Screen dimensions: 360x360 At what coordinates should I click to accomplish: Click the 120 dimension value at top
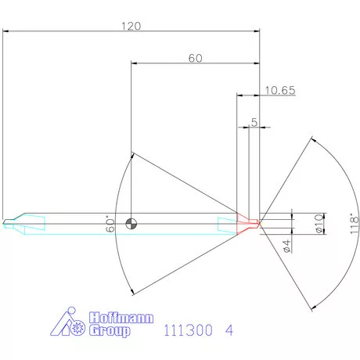coord(131,26)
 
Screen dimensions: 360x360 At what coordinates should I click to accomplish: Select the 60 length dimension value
coord(195,59)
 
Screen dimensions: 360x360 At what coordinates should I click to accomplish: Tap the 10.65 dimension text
coord(279,90)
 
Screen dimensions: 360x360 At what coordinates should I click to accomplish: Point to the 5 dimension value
coord(254,122)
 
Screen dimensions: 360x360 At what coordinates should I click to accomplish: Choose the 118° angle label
coord(354,224)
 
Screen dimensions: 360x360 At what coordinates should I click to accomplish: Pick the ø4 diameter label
coord(287,247)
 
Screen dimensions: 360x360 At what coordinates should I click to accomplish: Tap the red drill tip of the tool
coord(249,224)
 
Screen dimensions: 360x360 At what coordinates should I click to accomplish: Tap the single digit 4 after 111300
coord(228,330)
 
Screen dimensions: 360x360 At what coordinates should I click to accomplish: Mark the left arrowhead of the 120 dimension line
coord(5,32)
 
